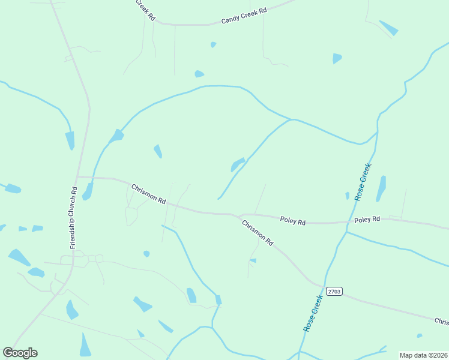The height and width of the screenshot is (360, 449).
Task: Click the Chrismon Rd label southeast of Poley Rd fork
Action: point(258,233)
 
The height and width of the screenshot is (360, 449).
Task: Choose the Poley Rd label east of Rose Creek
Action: point(367,220)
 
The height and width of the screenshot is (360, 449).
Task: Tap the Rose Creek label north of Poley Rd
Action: point(363,182)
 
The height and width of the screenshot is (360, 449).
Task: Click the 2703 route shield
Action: point(334,291)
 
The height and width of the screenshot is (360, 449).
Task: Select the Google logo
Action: point(20,353)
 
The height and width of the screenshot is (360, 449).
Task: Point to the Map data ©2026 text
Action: point(423,355)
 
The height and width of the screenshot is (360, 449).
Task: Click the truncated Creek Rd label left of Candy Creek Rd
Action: point(145,10)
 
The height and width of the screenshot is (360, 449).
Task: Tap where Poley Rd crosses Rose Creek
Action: point(349,222)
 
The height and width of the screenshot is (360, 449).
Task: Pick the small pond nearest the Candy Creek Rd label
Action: point(213,44)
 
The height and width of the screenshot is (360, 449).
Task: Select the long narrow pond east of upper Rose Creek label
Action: point(381,188)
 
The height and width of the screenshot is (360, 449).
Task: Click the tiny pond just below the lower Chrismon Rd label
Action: point(253,260)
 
